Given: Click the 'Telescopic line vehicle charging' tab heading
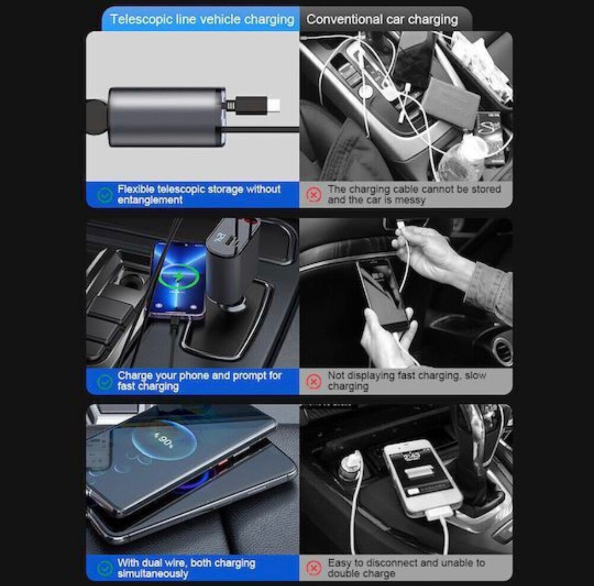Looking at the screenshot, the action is [x=202, y=19].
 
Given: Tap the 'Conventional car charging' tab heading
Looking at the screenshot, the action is [x=382, y=19].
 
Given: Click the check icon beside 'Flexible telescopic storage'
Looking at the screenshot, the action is [x=105, y=195].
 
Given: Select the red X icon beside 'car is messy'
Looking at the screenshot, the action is [x=314, y=195].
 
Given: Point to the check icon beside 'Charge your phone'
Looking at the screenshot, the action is [x=105, y=382].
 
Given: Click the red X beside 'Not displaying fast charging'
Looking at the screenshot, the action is [x=314, y=382].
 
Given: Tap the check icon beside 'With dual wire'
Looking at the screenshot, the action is [x=105, y=568].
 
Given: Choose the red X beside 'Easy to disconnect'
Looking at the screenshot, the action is [x=314, y=568].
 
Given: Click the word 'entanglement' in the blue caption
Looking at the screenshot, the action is [x=150, y=200].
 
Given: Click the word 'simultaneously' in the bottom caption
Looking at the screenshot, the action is [x=152, y=574].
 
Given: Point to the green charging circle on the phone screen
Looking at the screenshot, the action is [x=179, y=277].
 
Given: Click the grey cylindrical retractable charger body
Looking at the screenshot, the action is [x=166, y=117].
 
